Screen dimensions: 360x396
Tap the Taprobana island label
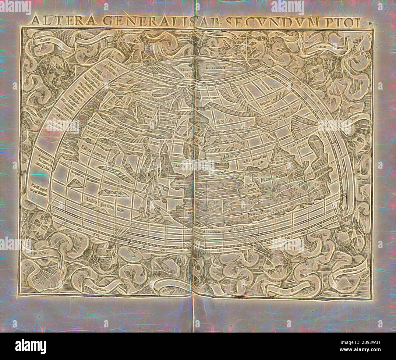click(246, 188)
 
